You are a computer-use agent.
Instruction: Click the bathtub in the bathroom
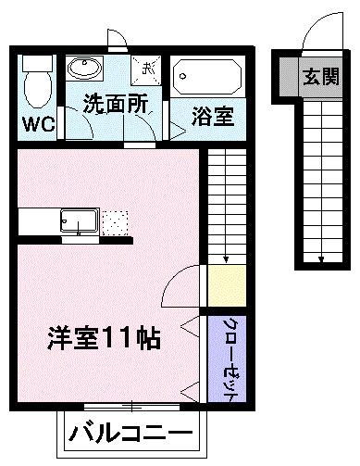(x=208, y=75)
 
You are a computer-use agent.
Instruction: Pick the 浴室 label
(x=212, y=118)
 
